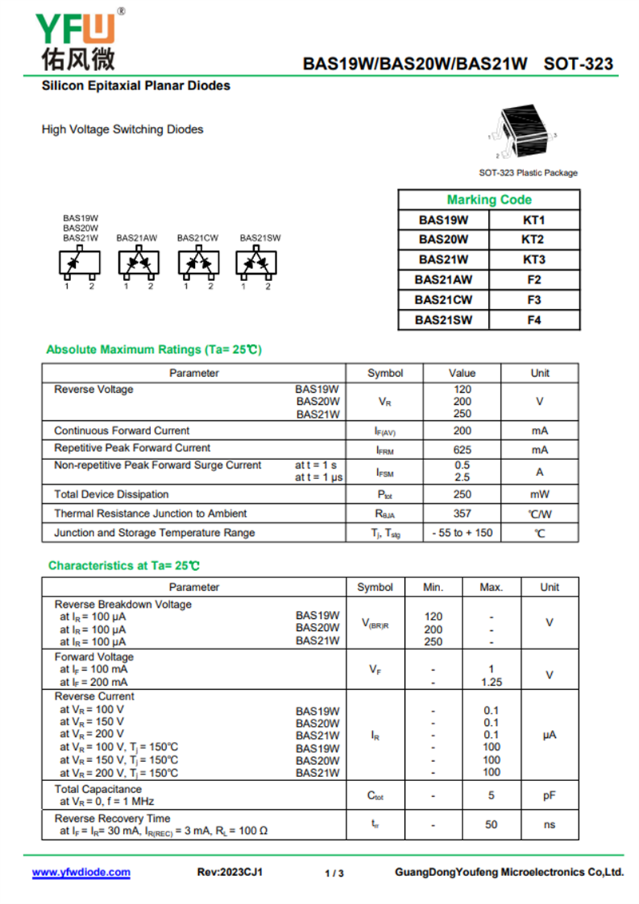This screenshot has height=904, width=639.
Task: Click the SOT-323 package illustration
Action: (523, 132)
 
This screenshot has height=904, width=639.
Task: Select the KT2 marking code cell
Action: (534, 240)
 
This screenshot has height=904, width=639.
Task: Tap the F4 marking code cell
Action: (534, 320)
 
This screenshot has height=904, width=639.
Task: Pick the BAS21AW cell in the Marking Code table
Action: (443, 280)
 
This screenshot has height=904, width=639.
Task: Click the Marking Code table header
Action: (489, 200)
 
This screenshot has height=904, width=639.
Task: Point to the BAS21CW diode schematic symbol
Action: (198, 263)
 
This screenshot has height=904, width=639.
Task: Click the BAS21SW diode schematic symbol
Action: (256, 263)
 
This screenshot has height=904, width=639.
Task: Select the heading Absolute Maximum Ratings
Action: (153, 350)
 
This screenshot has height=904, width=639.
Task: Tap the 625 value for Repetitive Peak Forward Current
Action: (462, 450)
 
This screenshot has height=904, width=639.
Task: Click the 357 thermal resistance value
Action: (462, 513)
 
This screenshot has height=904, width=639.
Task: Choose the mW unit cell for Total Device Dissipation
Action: (540, 494)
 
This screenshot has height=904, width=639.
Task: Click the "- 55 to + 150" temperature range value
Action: (462, 533)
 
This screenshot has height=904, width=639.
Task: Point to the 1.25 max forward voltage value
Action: (491, 683)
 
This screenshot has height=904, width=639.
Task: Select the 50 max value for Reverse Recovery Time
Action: (491, 825)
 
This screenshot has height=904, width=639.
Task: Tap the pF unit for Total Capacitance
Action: (550, 795)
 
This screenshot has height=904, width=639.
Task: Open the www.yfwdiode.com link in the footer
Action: (81, 873)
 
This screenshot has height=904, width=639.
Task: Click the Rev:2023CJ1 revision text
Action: (230, 873)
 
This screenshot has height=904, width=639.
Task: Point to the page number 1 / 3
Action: (335, 874)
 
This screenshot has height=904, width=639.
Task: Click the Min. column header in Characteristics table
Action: (433, 587)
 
